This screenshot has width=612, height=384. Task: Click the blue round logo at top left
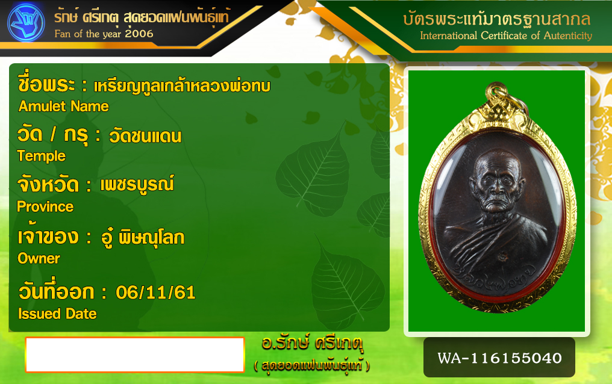26,23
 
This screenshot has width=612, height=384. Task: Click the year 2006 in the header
139,34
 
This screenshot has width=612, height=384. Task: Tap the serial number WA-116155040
499,358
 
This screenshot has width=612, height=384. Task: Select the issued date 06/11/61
156,293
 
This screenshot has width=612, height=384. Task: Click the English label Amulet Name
64,107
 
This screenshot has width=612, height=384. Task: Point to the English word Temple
42,156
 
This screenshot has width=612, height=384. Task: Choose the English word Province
45,206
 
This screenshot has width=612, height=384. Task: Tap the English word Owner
39,258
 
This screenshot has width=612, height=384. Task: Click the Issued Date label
57,314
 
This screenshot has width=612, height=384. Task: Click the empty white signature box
135,355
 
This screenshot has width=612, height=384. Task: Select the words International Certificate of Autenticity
506,36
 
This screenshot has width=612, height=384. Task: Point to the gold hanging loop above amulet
496,93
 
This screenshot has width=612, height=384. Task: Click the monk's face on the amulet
497,180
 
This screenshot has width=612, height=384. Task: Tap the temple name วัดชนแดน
145,136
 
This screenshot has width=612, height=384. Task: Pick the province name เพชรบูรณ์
137,184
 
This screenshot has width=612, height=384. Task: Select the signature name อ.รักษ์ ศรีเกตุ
312,343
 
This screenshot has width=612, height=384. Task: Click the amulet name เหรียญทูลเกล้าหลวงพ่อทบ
182,85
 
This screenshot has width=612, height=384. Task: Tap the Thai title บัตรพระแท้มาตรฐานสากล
498,18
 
